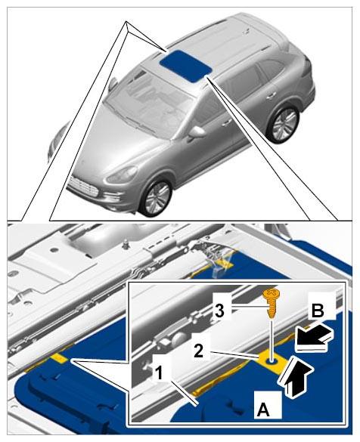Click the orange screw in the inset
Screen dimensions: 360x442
pyautogui.click(x=269, y=305)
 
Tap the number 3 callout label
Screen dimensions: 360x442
pyautogui.click(x=220, y=311)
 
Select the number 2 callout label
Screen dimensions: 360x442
pyautogui.click(x=199, y=351)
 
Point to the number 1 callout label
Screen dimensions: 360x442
pyautogui.click(x=159, y=373)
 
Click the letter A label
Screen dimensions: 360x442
pyautogui.click(x=263, y=409)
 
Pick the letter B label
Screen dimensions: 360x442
pyautogui.click(x=318, y=311)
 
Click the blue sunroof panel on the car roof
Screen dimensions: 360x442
pyautogui.click(x=185, y=66)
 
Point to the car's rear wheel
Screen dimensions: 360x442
pyautogui.click(x=284, y=122)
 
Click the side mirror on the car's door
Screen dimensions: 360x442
pyautogui.click(x=197, y=131)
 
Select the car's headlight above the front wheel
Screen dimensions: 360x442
pyautogui.click(x=122, y=174)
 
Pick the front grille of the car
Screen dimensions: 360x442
pyautogui.click(x=83, y=187)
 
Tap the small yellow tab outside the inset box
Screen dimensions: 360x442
pyautogui.click(x=59, y=358)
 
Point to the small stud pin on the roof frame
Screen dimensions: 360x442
pyautogui.click(x=126, y=243)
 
